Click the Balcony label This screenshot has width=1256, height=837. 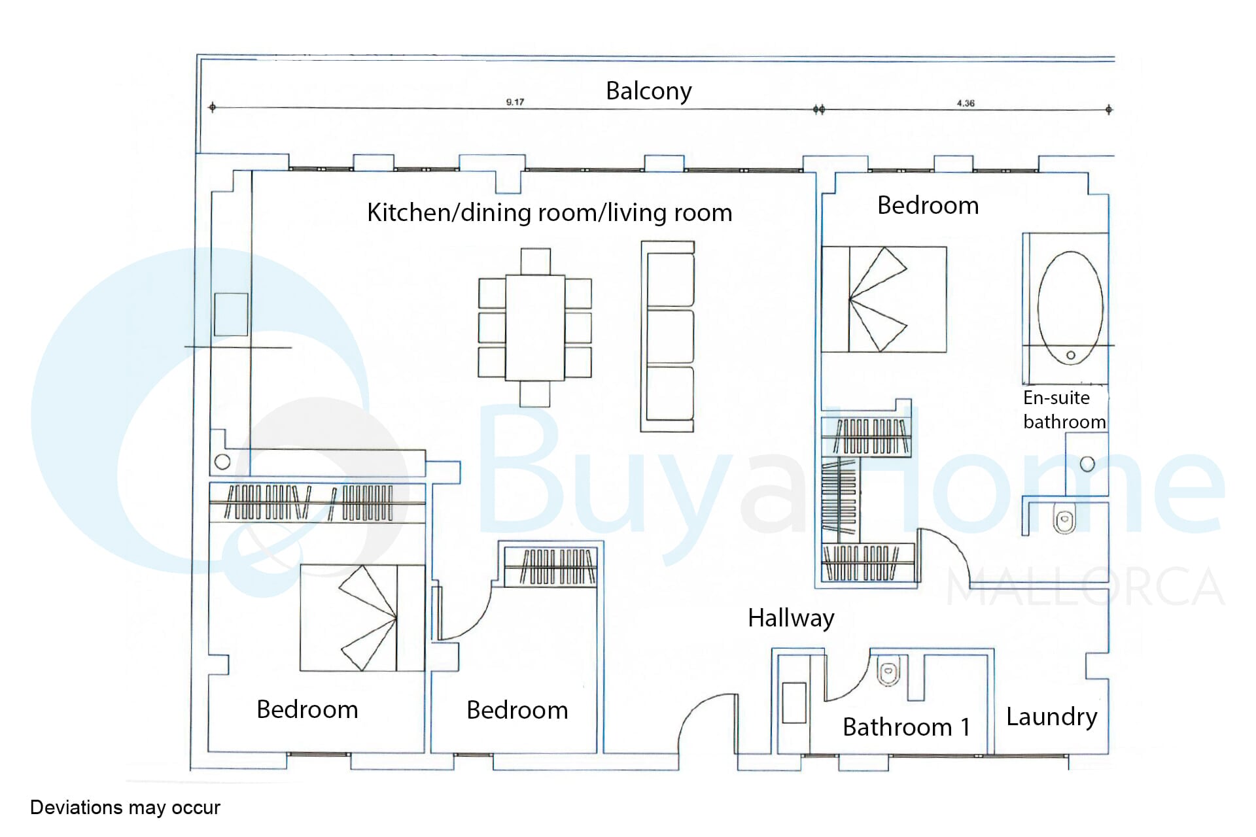[648, 92]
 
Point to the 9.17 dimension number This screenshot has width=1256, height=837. [515, 102]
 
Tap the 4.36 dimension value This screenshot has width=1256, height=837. [966, 103]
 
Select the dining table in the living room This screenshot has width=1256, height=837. [535, 328]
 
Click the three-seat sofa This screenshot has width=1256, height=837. [668, 336]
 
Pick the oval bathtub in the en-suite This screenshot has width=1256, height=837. [1070, 307]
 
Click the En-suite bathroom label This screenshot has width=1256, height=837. [1064, 410]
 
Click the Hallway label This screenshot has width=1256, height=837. [791, 619]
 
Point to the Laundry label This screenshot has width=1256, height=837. [1051, 717]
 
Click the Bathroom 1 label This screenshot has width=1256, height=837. [906, 727]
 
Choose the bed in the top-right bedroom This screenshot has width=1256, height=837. [884, 299]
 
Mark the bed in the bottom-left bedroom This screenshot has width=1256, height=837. [362, 618]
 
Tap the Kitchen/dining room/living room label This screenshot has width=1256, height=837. [549, 213]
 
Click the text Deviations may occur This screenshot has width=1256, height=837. [125, 808]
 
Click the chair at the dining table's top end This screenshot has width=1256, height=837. [535, 261]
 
